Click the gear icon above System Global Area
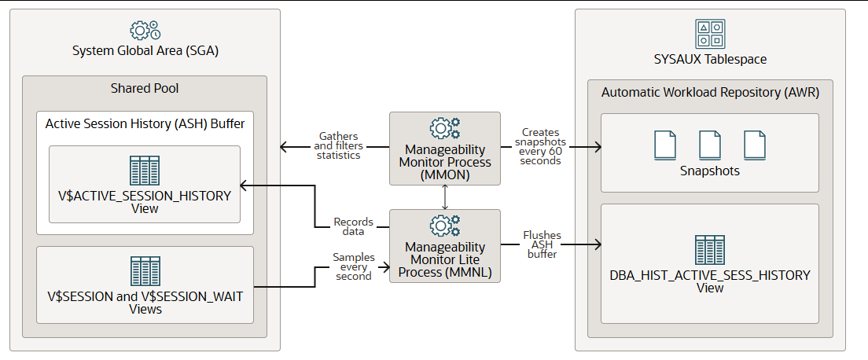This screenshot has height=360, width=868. coord(145,31)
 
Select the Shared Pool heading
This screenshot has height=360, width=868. coord(144,88)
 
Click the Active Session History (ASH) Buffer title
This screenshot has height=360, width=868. coord(144,123)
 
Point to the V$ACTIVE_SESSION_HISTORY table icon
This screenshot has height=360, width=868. coord(144,170)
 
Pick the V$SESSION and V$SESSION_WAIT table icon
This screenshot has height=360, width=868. coord(145,271)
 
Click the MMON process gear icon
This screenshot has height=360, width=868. coord(445,128)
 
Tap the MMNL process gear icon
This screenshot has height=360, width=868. coord(445,226)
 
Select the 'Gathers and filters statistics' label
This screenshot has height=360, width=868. coord(338,146)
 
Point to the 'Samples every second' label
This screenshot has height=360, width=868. coord(354,266)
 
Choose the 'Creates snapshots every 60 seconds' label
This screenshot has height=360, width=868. coord(540,146)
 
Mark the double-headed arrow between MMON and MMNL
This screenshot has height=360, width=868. coord(445,197)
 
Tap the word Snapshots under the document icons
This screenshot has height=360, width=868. coord(710,171)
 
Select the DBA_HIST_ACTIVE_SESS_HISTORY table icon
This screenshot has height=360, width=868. coord(710,250)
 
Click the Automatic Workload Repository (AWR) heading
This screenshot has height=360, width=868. coord(710,93)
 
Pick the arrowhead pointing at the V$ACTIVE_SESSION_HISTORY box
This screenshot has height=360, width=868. coord(245,186)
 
